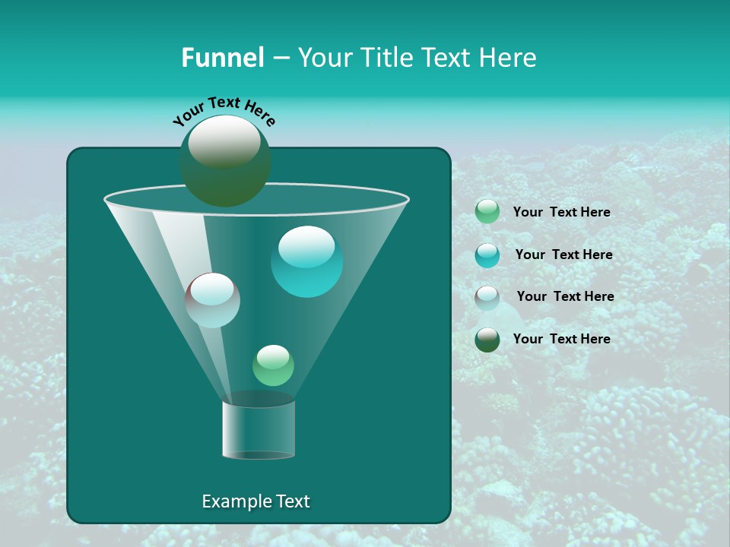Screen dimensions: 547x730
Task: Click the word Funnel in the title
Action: [222, 58]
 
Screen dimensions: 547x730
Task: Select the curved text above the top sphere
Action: [224, 111]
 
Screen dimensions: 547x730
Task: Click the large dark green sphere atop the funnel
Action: [224, 160]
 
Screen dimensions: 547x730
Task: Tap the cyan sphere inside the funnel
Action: [306, 261]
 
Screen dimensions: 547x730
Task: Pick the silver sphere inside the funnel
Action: [212, 300]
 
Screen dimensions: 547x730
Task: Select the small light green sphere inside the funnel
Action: [273, 365]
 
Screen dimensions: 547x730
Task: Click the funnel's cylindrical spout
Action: [258, 429]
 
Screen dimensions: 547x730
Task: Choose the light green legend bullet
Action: [487, 211]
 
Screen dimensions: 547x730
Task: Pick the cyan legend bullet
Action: [487, 255]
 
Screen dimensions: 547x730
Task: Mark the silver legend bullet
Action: [487, 297]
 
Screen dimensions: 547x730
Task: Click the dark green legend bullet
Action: [487, 340]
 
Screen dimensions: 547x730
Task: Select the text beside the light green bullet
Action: [561, 212]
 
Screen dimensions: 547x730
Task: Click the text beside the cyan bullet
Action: [563, 255]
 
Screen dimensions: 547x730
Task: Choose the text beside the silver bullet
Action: [565, 296]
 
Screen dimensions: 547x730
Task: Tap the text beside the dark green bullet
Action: [561, 339]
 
